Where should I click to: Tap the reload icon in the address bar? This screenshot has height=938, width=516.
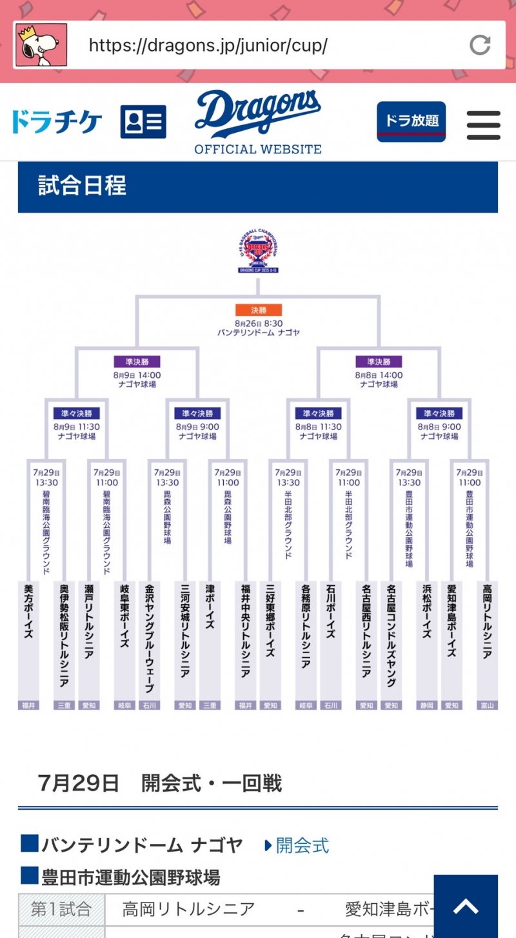[479, 44]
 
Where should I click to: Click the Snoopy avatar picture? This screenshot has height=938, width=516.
[41, 45]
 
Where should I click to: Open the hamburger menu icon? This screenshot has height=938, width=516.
[483, 125]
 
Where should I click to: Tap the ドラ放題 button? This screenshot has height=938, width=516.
[411, 121]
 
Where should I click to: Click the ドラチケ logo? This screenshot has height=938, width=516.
[57, 121]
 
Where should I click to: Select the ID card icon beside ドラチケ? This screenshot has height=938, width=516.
[143, 121]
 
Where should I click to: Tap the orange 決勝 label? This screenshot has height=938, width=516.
[259, 310]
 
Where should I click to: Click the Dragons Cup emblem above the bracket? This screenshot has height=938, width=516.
[258, 251]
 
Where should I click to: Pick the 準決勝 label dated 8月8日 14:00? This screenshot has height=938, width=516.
[379, 362]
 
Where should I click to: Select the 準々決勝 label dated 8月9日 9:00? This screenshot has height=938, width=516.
[198, 413]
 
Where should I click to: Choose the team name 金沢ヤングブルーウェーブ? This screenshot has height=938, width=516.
[149, 638]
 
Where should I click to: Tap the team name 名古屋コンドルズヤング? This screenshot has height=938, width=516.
[391, 635]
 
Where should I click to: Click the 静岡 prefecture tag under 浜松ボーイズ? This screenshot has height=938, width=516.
[426, 705]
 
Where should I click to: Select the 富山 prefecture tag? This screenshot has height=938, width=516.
[488, 705]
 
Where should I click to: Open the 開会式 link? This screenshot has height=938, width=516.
[302, 845]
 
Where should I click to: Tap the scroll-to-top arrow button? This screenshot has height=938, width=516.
[465, 907]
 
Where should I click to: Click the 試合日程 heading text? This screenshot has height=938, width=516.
[83, 186]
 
